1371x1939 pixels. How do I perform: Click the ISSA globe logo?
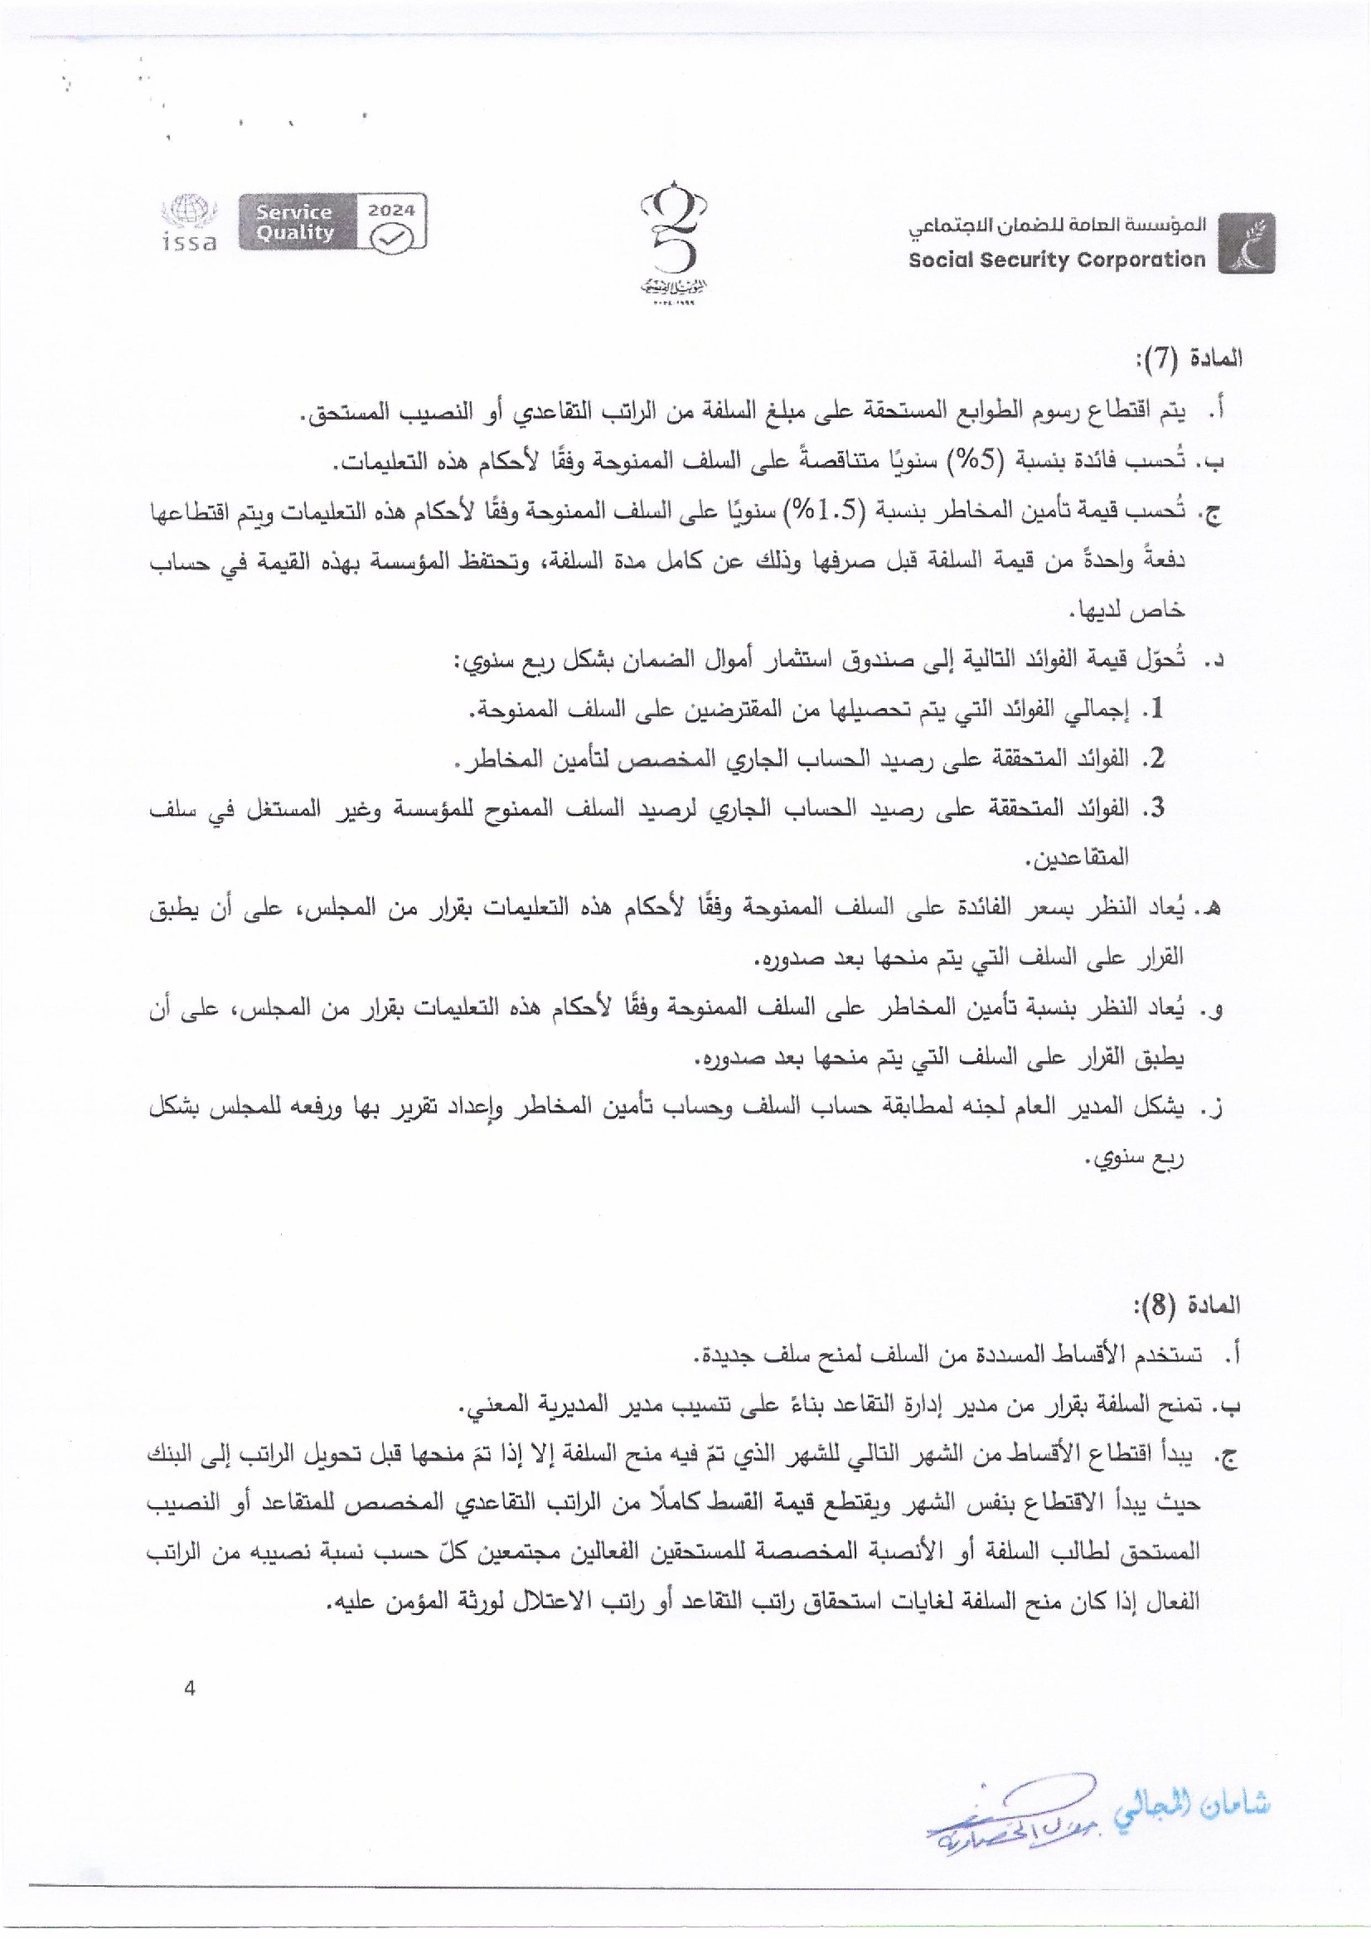point(189,222)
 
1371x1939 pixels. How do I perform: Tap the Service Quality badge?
point(294,222)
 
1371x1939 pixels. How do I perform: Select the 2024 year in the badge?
point(392,211)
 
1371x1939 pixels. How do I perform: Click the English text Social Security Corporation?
point(1057,259)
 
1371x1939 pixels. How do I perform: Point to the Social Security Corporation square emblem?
point(1247,242)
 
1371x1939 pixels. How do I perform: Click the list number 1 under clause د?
point(1157,710)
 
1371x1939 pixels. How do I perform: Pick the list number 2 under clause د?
point(1157,759)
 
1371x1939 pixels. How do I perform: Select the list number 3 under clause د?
point(1157,808)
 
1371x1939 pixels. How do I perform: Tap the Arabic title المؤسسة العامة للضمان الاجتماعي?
point(1057,226)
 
